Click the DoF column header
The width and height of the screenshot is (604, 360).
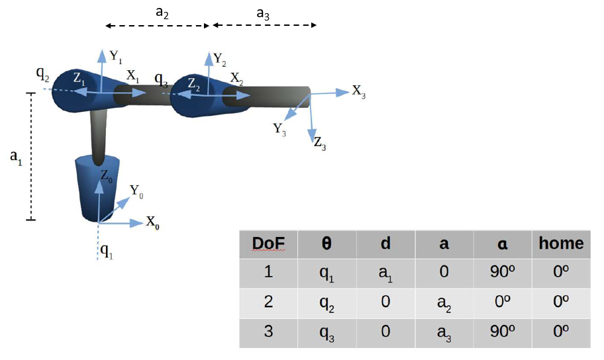click(x=268, y=244)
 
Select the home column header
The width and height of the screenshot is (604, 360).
click(x=561, y=244)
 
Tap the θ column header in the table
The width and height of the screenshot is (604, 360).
click(x=327, y=244)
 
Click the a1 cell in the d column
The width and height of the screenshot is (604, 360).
click(x=385, y=274)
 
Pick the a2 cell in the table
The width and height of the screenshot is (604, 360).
click(x=444, y=304)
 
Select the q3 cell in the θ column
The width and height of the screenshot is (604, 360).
click(x=327, y=334)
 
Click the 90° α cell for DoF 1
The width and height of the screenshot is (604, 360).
click(x=502, y=272)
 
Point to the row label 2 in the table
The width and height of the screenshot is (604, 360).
click(x=268, y=302)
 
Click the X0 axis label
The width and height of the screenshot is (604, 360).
click(x=152, y=222)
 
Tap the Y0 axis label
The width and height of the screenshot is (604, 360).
click(x=136, y=191)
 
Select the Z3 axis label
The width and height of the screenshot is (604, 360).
click(x=320, y=144)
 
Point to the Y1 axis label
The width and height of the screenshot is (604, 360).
click(x=116, y=57)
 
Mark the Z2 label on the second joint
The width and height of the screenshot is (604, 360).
click(x=194, y=85)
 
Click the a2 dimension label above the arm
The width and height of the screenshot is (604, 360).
click(x=162, y=13)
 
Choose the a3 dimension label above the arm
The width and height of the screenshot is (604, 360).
click(x=263, y=14)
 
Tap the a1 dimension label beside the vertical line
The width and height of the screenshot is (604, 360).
click(x=16, y=158)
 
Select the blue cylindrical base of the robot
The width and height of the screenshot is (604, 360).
click(x=97, y=189)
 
